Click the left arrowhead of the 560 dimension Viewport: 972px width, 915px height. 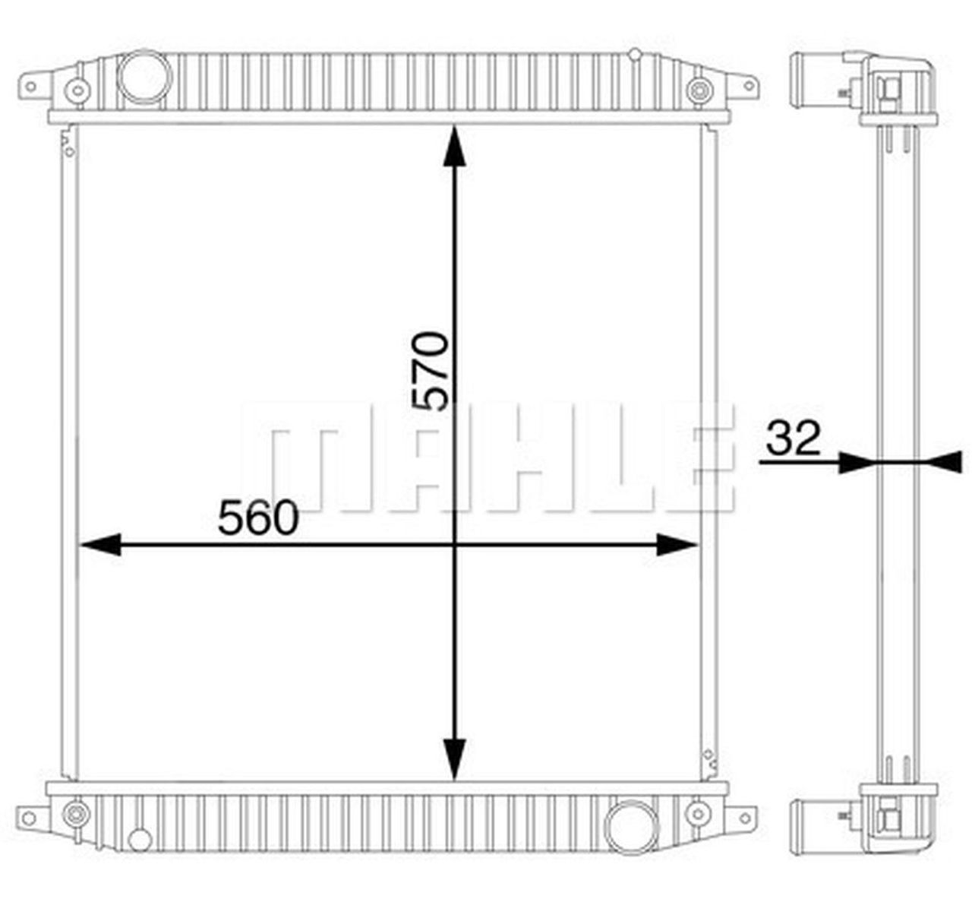(x=100, y=544)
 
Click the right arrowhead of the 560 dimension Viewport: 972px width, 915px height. (x=677, y=544)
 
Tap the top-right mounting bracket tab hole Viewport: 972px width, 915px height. (x=749, y=87)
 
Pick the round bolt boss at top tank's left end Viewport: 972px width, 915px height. (x=77, y=91)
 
